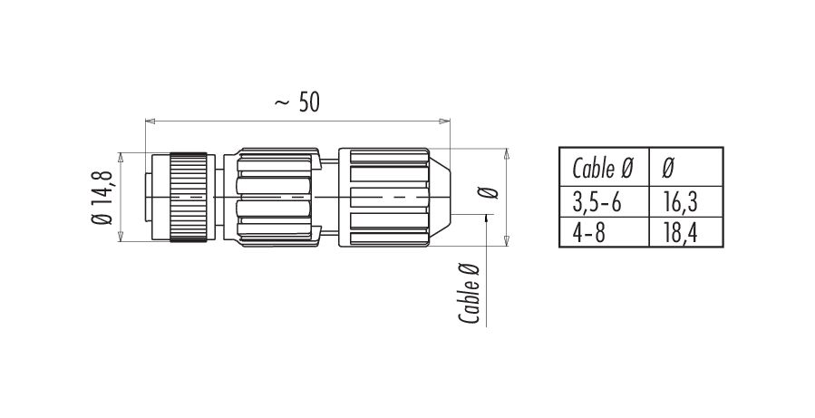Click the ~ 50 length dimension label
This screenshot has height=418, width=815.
[x=296, y=103]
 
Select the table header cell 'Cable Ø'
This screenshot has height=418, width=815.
[x=603, y=168]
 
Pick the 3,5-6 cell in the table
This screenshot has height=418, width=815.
[x=597, y=202]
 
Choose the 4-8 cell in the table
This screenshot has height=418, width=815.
[x=589, y=233]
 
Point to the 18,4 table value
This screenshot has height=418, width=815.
[x=681, y=233]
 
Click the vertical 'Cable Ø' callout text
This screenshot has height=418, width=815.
[x=469, y=294]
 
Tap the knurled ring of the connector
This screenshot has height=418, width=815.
[x=189, y=198]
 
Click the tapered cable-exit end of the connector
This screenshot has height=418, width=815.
[x=440, y=198]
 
